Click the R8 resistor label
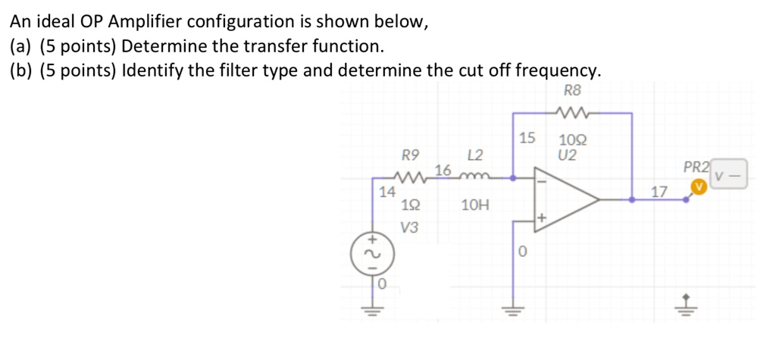(573, 92)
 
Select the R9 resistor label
(410, 157)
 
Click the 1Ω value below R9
(410, 205)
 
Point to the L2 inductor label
(475, 157)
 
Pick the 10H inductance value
(475, 205)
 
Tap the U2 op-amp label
(567, 156)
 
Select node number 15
(527, 139)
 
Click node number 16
(443, 169)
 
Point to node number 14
(386, 192)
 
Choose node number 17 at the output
(659, 192)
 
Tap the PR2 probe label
(696, 167)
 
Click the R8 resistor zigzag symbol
(572, 114)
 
